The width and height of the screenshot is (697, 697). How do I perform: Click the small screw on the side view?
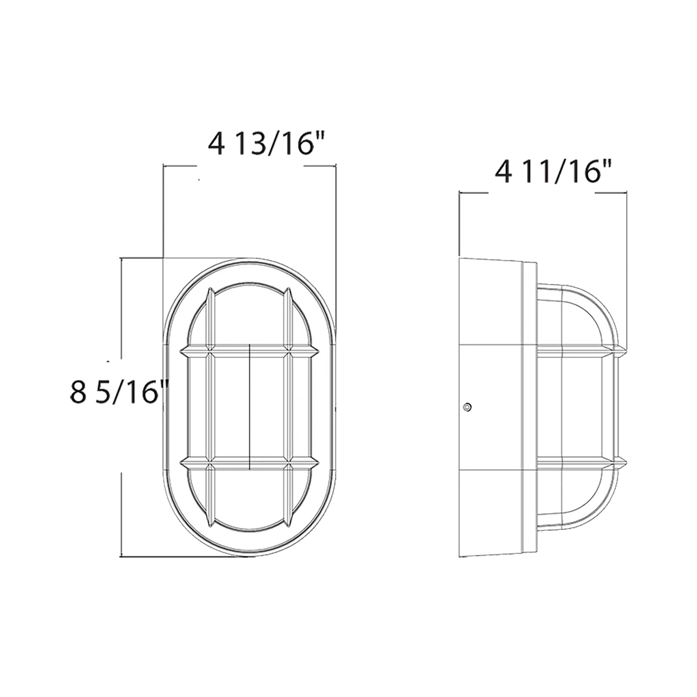pyautogui.click(x=466, y=407)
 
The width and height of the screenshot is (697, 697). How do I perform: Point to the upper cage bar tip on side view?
pyautogui.click(x=620, y=350)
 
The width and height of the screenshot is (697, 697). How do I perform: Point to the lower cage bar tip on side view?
pyautogui.click(x=620, y=464)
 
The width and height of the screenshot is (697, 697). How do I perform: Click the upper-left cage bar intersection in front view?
pyautogui.click(x=211, y=351)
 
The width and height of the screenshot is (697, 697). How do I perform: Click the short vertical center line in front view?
pyautogui.click(x=249, y=407)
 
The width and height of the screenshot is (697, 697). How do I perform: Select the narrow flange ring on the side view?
pyautogui.click(x=529, y=407)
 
